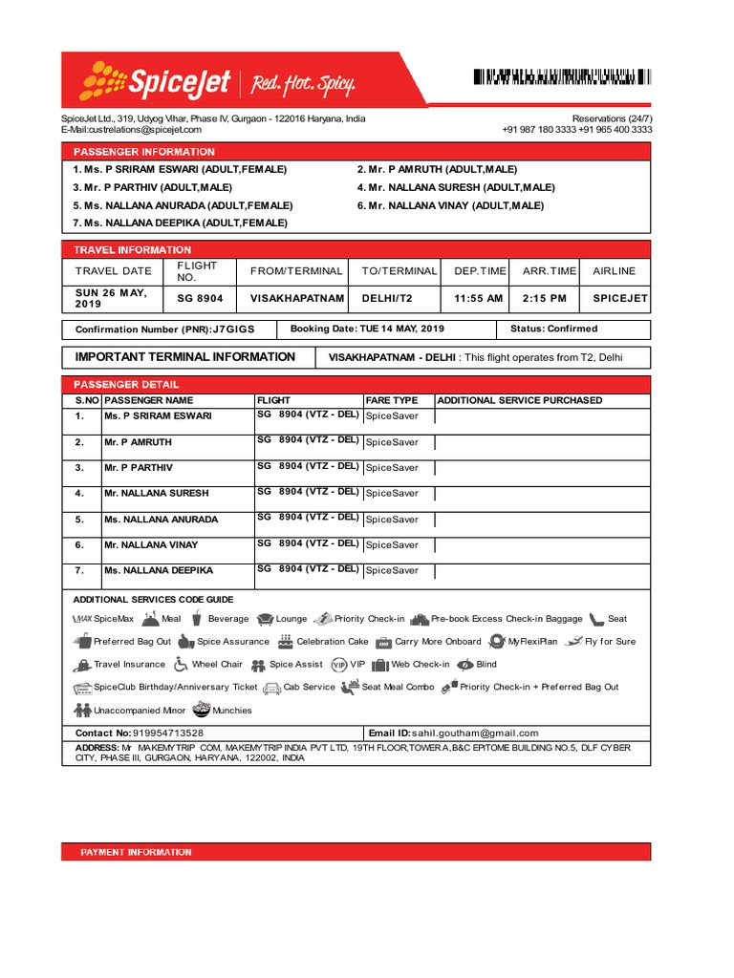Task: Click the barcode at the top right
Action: pyautogui.click(x=562, y=78)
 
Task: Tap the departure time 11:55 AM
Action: pyautogui.click(x=478, y=298)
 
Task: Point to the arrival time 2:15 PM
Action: pyautogui.click(x=545, y=298)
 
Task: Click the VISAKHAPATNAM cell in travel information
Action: pyautogui.click(x=297, y=298)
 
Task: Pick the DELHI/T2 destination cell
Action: pyautogui.click(x=387, y=298)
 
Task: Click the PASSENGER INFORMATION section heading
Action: pyautogui.click(x=139, y=152)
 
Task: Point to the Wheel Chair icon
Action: pyautogui.click(x=181, y=665)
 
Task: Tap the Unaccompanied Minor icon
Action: pyautogui.click(x=81, y=711)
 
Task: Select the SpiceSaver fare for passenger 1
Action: pyautogui.click(x=392, y=416)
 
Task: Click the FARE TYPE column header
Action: pyautogui.click(x=392, y=400)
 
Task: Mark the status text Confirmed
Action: pyautogui.click(x=572, y=329)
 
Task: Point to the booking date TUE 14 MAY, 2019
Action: pyautogui.click(x=401, y=329)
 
